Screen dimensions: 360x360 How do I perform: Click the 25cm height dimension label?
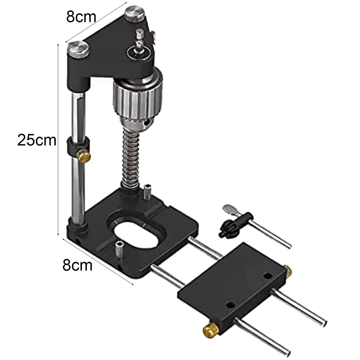point(37,140)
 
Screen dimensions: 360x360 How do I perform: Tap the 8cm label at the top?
point(81,17)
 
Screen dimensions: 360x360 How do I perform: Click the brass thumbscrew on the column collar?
point(84,156)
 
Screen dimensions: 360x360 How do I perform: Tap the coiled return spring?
point(131,160)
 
